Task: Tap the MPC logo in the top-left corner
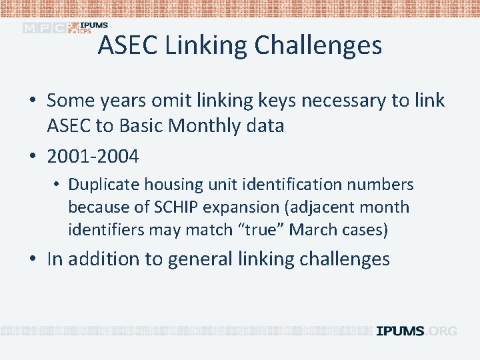(x=45, y=27)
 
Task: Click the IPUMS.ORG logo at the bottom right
(x=417, y=331)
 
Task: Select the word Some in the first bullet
(x=70, y=101)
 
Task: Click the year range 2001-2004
(x=93, y=157)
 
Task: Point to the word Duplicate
(x=103, y=185)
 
